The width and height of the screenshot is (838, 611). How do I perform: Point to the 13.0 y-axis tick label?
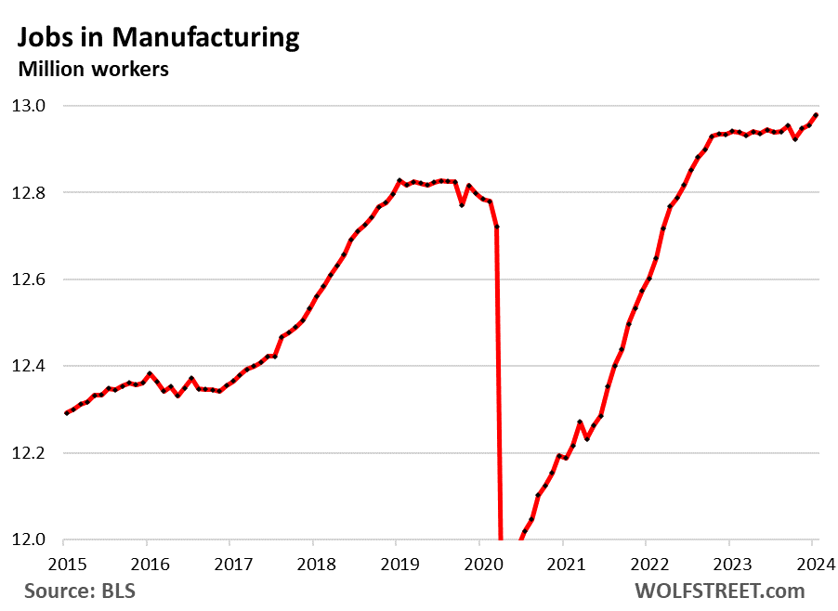(x=29, y=106)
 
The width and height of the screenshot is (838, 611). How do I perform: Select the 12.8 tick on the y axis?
(x=29, y=193)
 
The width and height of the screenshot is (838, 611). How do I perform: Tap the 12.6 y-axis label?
(x=29, y=279)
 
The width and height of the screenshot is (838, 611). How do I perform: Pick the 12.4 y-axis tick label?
(x=29, y=367)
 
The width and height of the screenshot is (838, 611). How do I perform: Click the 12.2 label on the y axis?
(x=29, y=453)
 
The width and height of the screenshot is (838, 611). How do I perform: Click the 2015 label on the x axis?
(x=64, y=563)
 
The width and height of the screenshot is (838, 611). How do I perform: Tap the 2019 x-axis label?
(x=396, y=563)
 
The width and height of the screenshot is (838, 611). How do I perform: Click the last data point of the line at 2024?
(x=816, y=115)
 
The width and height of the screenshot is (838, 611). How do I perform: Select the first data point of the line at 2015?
(x=65, y=413)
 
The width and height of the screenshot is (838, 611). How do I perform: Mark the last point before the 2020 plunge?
(x=497, y=227)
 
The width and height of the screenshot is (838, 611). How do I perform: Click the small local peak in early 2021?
(x=580, y=422)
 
